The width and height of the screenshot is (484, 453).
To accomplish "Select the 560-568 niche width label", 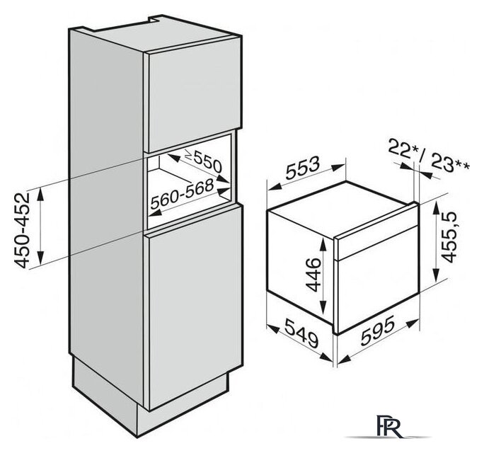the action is click(182, 194).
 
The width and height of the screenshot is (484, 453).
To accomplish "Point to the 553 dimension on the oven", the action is click(303, 168).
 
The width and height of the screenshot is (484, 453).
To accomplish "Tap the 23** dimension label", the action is click(450, 163).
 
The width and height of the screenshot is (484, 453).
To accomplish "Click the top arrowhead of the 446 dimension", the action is click(323, 245).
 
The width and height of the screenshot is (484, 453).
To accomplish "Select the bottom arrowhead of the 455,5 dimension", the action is click(436, 274).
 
